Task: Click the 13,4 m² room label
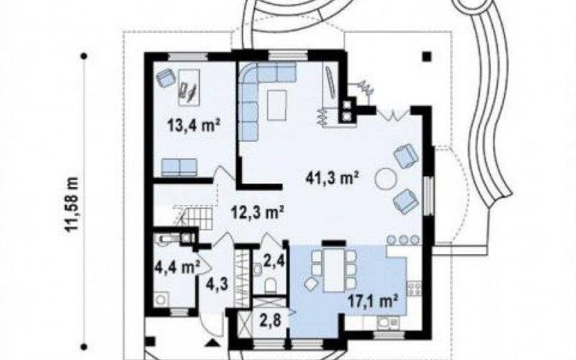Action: (193, 126)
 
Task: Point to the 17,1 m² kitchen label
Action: (373, 302)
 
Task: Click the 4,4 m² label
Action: (177, 267)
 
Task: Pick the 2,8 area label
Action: (271, 320)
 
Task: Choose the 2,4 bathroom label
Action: (274, 261)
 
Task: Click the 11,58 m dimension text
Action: (72, 204)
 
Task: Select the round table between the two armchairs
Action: (386, 179)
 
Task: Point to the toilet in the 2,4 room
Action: (271, 285)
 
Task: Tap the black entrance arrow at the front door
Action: (212, 343)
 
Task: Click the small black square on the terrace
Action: (426, 56)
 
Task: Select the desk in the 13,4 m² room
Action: (189, 87)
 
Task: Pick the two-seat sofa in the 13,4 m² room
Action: (179, 168)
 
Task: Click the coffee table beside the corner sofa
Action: (277, 105)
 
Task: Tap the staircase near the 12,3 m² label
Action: (194, 216)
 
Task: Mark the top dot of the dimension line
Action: (84, 56)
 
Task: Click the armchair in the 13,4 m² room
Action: (166, 78)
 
